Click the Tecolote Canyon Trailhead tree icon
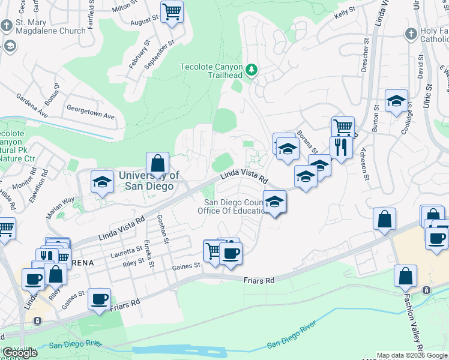click(x=252, y=70)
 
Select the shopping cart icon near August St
click(x=172, y=11)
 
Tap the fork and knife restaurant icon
click(x=341, y=147)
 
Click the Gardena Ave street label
click(x=32, y=105)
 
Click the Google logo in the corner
click(x=20, y=353)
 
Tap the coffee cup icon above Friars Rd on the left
click(x=99, y=298)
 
